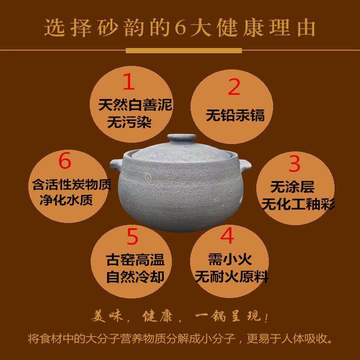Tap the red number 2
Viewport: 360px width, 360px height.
234,87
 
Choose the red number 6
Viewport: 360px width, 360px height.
65,161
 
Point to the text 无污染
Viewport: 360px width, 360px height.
128,122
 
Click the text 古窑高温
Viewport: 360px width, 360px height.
135,260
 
